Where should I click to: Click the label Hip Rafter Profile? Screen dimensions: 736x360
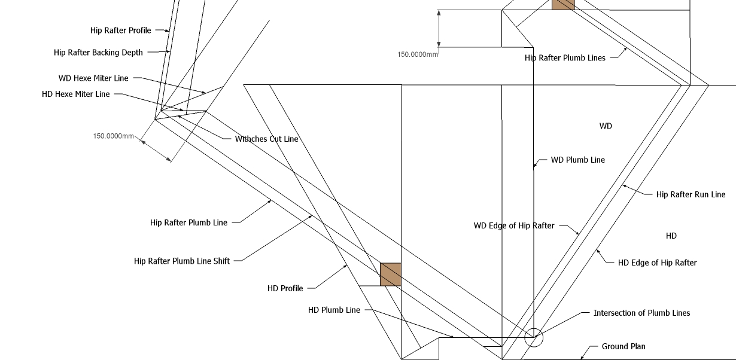[121, 30]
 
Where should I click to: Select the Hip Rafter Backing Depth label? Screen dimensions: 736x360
[98, 53]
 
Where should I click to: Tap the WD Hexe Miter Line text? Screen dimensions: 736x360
[93, 78]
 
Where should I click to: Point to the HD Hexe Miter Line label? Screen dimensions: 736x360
[76, 94]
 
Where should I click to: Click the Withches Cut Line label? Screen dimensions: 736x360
[266, 139]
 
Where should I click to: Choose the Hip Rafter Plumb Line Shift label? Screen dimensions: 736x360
[182, 261]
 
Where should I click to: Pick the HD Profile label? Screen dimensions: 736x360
[285, 288]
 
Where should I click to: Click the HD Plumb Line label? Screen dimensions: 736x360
[334, 310]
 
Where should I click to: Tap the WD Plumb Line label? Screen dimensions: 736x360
[578, 160]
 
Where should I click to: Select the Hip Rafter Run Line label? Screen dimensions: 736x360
[691, 194]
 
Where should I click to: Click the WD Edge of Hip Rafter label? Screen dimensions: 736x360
[514, 225]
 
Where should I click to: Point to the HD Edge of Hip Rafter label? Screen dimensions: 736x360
[657, 263]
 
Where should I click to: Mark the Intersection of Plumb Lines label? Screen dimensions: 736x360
[641, 313]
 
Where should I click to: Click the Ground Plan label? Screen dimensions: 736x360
[624, 346]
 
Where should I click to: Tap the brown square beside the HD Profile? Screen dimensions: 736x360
[391, 274]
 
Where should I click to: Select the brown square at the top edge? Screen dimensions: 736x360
[563, 5]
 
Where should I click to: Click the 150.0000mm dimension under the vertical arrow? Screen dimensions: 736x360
[418, 54]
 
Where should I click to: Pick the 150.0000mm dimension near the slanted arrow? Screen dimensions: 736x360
[113, 136]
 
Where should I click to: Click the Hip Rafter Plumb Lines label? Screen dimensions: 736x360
[565, 58]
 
